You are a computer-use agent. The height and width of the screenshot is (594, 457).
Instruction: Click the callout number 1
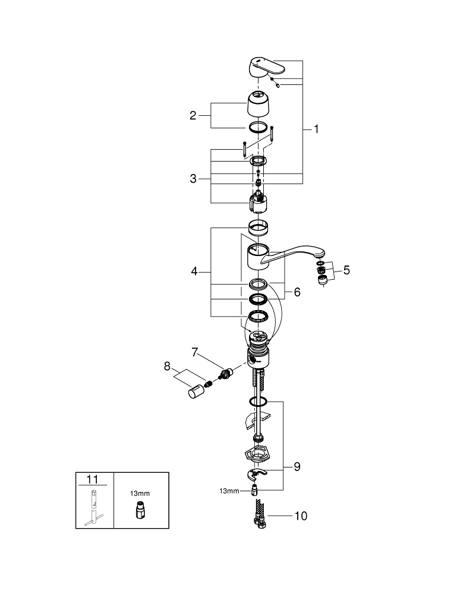[x=316, y=128]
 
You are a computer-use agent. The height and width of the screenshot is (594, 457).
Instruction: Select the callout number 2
[x=193, y=115]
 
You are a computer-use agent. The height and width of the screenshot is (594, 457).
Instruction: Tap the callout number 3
[x=193, y=179]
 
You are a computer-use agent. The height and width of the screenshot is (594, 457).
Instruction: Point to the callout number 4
[x=194, y=271]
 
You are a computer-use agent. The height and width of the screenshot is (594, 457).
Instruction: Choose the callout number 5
[x=346, y=270]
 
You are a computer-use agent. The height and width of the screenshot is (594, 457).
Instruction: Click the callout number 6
[x=297, y=292]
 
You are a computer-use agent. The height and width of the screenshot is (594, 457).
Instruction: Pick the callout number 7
[x=194, y=353]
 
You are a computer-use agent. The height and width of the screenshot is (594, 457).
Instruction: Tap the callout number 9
[x=297, y=466]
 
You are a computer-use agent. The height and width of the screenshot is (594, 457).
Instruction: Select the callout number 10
[x=301, y=516]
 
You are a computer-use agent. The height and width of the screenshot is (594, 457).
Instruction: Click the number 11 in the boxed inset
[x=94, y=479]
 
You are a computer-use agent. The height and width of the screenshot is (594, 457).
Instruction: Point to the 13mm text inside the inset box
[x=140, y=493]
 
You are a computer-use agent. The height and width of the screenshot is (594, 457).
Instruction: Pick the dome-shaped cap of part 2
[x=259, y=104]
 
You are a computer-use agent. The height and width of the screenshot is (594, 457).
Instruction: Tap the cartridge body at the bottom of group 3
[x=259, y=204]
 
